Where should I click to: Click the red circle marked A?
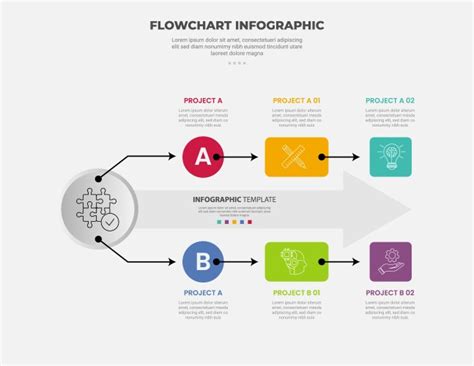[203, 156]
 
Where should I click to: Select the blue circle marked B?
[203, 261]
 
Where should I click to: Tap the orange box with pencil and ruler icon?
[296, 156]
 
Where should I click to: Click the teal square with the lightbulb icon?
[390, 157]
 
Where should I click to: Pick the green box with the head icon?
[296, 261]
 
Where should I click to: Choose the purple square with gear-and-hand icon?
[390, 261]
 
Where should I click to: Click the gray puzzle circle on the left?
[99, 209]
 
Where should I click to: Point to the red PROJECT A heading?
[203, 101]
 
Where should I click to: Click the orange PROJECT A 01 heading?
[296, 101]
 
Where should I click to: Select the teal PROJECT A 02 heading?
[390, 101]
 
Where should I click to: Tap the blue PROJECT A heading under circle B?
[203, 293]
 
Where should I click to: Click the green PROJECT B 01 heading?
[296, 293]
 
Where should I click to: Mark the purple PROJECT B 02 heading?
[390, 293]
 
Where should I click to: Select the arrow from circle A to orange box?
[244, 157]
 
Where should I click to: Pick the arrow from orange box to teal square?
[345, 157]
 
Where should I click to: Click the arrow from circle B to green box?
[244, 261]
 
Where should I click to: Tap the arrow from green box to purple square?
[345, 261]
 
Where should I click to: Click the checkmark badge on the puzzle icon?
[110, 222]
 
